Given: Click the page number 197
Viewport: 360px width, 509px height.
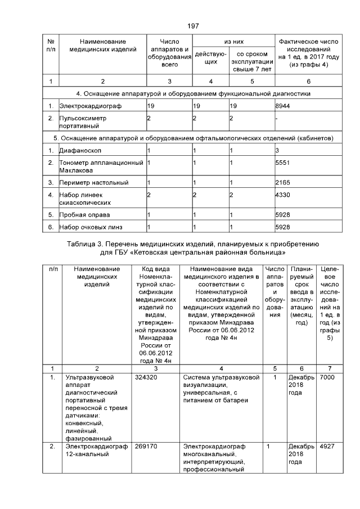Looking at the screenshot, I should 193,26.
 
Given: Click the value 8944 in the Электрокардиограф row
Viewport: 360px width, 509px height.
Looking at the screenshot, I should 282,105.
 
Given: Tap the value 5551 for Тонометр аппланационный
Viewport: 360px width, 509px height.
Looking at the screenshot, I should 282,163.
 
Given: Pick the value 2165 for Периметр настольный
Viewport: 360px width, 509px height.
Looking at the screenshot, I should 282,183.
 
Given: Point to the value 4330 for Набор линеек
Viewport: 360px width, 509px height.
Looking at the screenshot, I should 282,195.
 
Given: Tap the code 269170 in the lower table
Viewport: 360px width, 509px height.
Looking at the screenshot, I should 146,447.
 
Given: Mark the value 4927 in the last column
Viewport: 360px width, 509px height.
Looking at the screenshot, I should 327,447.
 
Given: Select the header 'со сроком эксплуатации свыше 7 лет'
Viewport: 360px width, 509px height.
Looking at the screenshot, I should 251,61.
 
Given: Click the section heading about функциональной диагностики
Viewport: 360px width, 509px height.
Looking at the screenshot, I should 193,93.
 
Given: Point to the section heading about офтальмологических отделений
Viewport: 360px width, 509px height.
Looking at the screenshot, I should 193,138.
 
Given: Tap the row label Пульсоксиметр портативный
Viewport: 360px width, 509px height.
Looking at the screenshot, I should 83,122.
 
